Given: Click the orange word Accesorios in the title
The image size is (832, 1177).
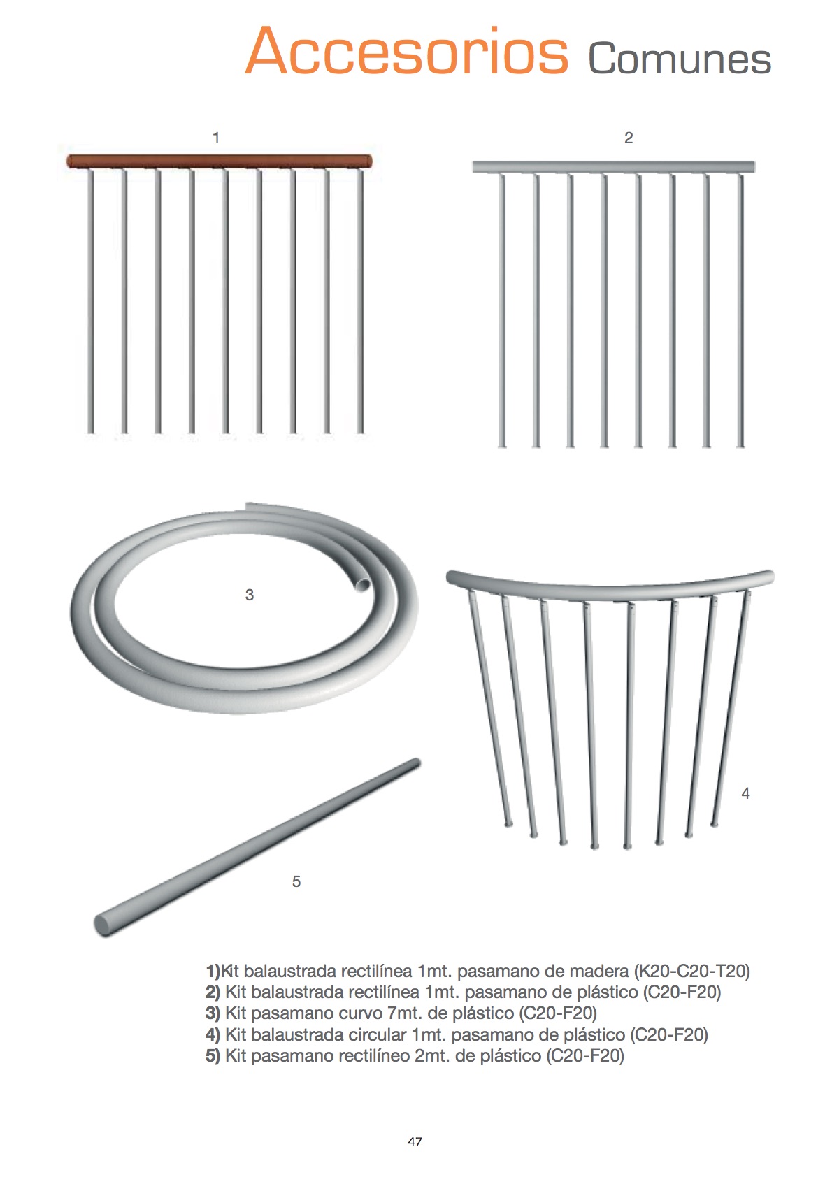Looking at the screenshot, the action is point(407,51).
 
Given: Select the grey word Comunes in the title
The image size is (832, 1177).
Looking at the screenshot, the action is point(680,58).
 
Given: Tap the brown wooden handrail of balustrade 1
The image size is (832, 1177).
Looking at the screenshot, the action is point(219,161).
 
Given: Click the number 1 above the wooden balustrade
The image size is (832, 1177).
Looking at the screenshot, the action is point(215,138).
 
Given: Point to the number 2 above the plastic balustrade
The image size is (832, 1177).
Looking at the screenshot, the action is point(629,138).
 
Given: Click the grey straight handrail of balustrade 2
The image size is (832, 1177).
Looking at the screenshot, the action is point(613,167).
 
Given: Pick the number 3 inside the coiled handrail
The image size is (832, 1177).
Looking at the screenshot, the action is point(250,595).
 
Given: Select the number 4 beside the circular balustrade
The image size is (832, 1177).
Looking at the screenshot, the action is point(745,793).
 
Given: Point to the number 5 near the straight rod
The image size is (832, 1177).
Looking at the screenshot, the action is point(296,881).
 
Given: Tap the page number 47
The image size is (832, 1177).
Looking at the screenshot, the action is point(415,1141).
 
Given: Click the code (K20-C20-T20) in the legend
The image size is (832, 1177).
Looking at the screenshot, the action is point(691,971).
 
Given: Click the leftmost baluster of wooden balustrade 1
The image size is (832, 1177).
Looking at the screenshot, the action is point(90,301).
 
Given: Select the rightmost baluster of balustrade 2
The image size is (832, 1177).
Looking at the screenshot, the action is point(740,311).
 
